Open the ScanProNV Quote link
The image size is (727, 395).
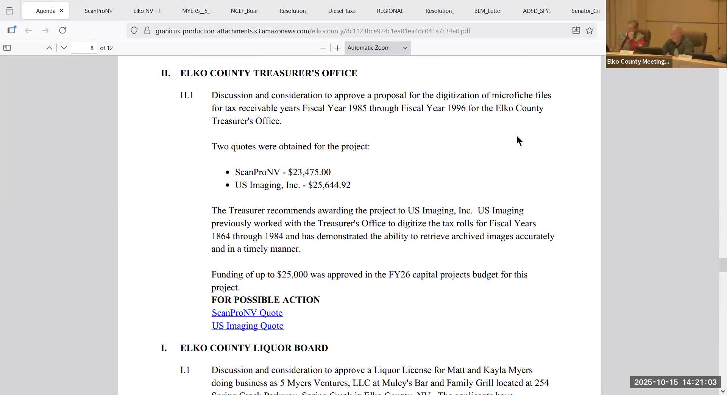pyautogui.click(x=247, y=313)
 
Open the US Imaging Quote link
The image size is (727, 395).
pyautogui.click(x=247, y=326)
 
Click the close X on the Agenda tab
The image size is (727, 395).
pyautogui.click(x=61, y=11)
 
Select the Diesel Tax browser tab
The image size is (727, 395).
pyautogui.click(x=342, y=11)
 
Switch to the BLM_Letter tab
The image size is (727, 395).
pyautogui.click(x=488, y=11)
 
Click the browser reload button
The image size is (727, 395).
pyautogui.click(x=62, y=30)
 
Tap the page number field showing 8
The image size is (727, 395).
pyautogui.click(x=84, y=48)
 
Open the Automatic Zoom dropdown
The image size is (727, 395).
pyautogui.click(x=377, y=48)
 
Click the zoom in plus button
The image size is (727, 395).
pyautogui.click(x=337, y=48)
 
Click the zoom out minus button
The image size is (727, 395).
pyautogui.click(x=323, y=48)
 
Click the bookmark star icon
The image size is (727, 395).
pyautogui.click(x=590, y=31)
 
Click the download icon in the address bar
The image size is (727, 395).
pyautogui.click(x=576, y=31)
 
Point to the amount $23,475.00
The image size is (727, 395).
pyautogui.click(x=309, y=172)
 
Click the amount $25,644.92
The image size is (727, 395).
pyautogui.click(x=329, y=185)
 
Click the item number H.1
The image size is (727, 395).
pyautogui.click(x=187, y=95)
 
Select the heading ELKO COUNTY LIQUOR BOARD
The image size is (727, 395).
pyautogui.click(x=254, y=348)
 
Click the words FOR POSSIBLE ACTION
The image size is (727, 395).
pyautogui.click(x=265, y=300)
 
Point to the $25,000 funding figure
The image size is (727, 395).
pyautogui.click(x=292, y=274)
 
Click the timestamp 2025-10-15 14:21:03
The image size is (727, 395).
pyautogui.click(x=675, y=382)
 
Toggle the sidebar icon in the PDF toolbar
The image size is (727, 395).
pyautogui.click(x=7, y=48)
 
